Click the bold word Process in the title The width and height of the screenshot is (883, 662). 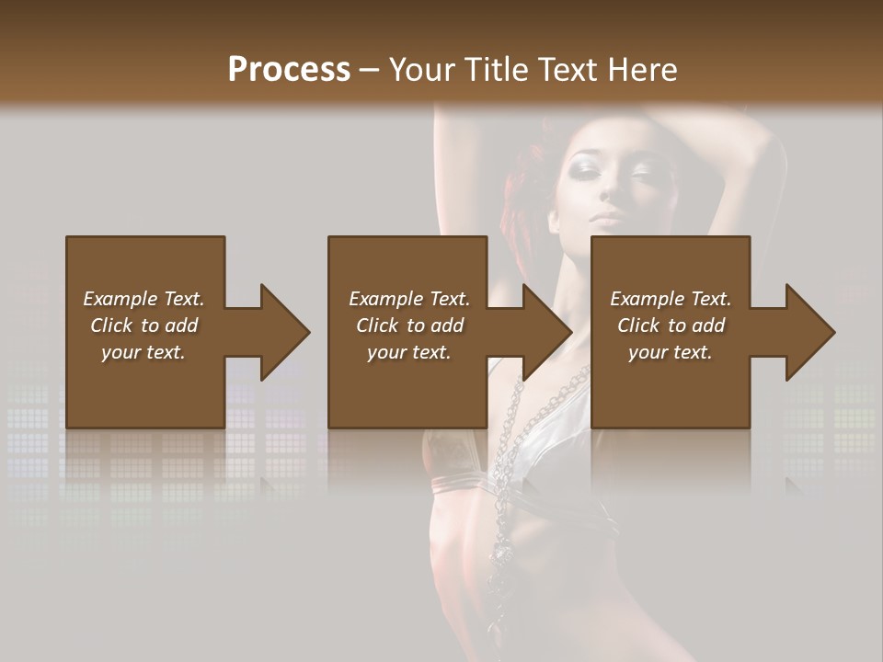click(289, 70)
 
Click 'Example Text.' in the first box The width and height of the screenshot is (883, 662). click(143, 299)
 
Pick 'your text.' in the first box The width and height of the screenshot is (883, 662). click(143, 352)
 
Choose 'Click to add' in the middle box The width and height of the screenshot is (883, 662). click(409, 325)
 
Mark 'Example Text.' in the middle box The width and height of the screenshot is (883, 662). click(409, 299)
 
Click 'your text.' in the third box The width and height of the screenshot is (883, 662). click(671, 352)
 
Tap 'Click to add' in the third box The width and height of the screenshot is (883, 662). click(671, 325)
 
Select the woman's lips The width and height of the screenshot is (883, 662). click(608, 217)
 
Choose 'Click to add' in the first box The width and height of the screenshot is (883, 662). click(143, 325)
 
